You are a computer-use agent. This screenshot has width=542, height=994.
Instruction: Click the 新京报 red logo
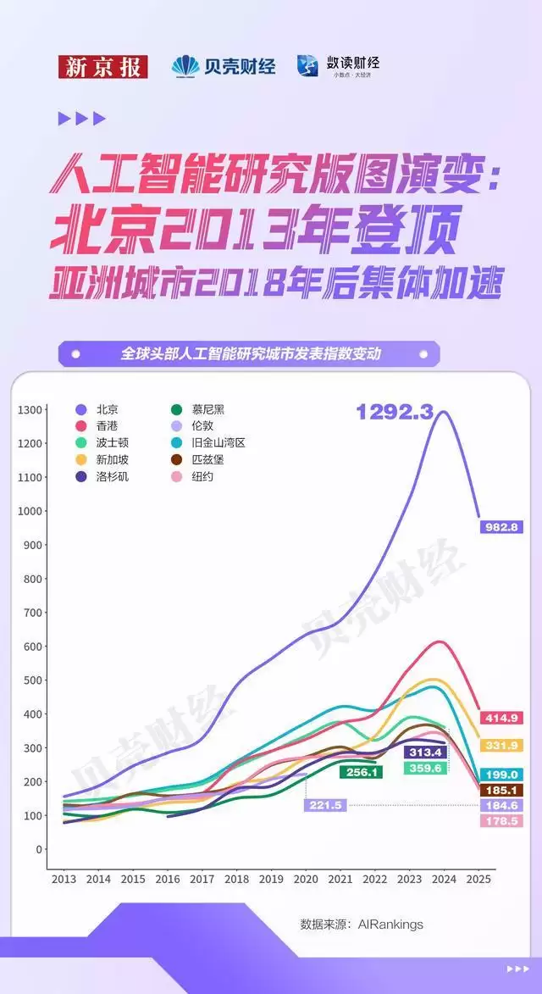tap(102, 66)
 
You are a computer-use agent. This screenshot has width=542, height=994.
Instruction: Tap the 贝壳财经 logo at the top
tap(224, 66)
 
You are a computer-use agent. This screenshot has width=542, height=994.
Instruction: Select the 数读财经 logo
tap(338, 65)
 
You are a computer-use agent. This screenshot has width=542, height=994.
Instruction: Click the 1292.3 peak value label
tap(395, 412)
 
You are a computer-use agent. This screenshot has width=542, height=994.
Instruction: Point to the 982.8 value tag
tap(501, 527)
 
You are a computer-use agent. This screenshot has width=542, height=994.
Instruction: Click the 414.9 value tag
tap(501, 718)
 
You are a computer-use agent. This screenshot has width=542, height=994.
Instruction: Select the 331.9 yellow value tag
tap(501, 746)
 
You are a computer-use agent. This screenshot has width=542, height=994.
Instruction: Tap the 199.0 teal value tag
tap(501, 775)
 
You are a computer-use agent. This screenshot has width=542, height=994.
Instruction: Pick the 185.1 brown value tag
tap(501, 790)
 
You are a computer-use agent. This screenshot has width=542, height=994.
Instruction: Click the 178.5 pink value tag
tap(501, 821)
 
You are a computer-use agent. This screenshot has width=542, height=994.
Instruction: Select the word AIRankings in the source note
tap(390, 924)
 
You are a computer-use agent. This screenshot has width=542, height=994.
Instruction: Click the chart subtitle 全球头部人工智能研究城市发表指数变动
tap(251, 353)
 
